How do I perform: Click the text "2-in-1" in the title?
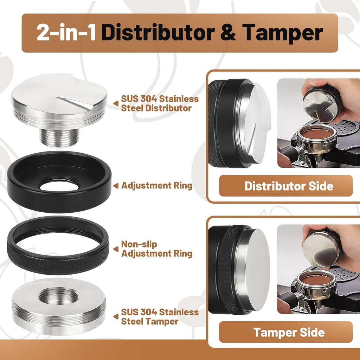click(66, 33)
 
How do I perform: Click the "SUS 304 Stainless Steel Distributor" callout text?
click(160, 103)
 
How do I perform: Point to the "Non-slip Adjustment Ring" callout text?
click(156, 249)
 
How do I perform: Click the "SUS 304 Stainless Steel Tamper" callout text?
click(160, 316)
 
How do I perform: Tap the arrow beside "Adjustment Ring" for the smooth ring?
click(116, 186)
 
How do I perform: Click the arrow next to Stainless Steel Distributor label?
click(116, 103)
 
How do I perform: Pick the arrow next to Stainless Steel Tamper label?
click(116, 316)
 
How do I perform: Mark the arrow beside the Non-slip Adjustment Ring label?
click(116, 249)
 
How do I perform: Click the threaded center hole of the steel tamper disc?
click(58, 297)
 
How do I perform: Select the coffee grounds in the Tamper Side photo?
click(316, 279)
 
